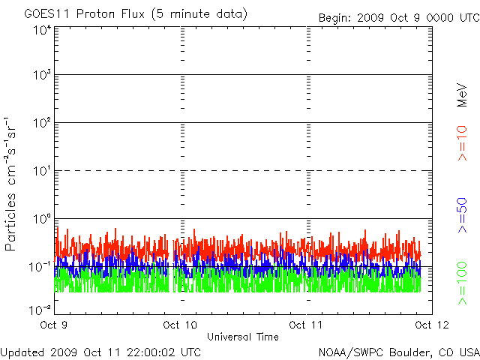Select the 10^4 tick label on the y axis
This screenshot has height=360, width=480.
(41, 30)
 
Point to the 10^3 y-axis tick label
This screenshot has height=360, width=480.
(41, 76)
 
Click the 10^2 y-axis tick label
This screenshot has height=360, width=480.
(41, 124)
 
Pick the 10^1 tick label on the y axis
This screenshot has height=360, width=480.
(41, 172)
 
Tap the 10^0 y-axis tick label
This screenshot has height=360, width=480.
(41, 220)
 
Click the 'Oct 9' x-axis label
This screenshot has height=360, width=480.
(54, 325)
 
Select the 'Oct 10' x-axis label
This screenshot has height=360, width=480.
(179, 325)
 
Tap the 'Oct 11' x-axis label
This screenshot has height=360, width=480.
(305, 325)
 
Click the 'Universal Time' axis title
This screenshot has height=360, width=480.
(243, 337)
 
